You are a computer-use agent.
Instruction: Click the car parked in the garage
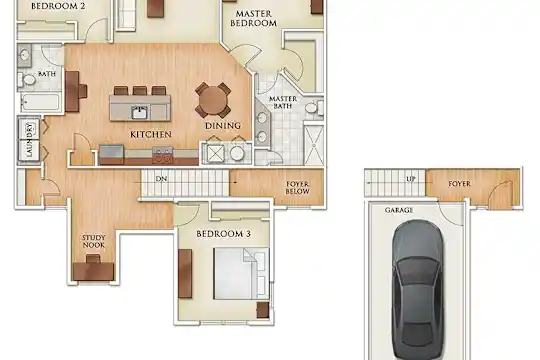tap(417, 290)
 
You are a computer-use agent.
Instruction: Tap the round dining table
tap(213, 100)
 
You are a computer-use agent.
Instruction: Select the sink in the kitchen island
tap(140, 112)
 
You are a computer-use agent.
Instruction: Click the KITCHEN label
tap(151, 134)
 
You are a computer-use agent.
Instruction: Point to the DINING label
tap(223, 126)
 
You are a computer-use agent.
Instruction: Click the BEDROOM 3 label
tap(224, 234)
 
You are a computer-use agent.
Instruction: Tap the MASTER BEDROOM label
tap(253, 19)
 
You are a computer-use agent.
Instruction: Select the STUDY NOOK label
tap(94, 241)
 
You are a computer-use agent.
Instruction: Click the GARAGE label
tap(399, 210)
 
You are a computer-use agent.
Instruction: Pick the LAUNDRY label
tap(30, 140)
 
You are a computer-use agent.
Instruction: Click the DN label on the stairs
tap(162, 179)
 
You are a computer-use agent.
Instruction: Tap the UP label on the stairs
tap(411, 179)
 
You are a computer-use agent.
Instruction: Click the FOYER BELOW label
tap(298, 188)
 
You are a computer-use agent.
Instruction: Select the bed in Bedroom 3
tap(241, 274)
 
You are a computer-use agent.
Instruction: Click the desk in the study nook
tap(93, 271)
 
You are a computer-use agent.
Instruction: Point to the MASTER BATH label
tap(283, 103)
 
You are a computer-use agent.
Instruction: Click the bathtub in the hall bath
tap(40, 102)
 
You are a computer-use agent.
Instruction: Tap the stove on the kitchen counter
tap(163, 155)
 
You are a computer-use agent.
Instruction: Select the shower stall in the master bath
tap(314, 145)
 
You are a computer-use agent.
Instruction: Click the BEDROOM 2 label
tap(58, 6)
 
